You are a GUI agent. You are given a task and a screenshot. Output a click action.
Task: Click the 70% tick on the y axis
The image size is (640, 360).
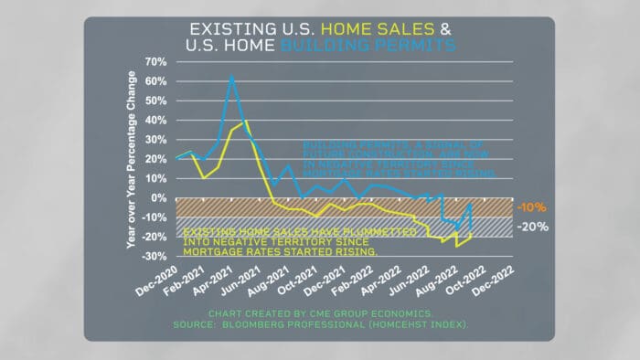pyautogui.click(x=155, y=62)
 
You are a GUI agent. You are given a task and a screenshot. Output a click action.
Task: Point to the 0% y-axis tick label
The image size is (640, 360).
pyautogui.click(x=159, y=198)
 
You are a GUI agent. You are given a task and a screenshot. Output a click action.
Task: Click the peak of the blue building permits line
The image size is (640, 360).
pyautogui.click(x=232, y=78)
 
